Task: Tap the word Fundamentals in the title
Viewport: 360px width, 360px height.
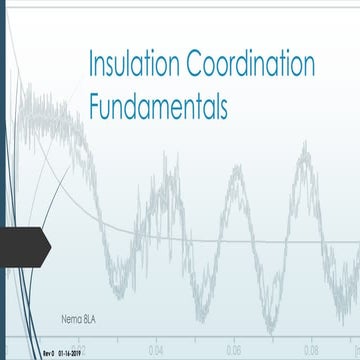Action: (x=158, y=107)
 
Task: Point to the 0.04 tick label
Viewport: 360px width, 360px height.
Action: (x=157, y=351)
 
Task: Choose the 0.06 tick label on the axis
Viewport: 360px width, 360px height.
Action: (x=234, y=351)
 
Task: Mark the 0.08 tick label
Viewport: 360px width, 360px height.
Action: (x=312, y=351)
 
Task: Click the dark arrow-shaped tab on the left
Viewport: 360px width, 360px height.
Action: (x=22, y=242)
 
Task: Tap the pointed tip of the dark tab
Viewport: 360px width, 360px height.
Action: (x=50, y=242)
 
